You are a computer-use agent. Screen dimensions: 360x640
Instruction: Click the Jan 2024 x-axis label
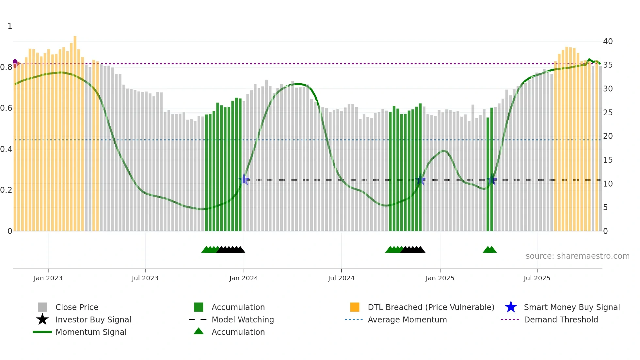click(x=244, y=278)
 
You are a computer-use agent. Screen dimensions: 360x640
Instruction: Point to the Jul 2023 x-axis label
click(x=145, y=278)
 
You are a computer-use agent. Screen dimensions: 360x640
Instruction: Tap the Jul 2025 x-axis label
click(x=537, y=278)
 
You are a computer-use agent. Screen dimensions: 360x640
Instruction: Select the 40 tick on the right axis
click(x=608, y=41)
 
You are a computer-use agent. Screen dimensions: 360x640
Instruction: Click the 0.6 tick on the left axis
click(x=6, y=108)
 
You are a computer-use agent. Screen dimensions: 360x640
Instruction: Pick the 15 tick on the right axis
click(x=608, y=160)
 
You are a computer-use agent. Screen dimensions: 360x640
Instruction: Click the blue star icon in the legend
click(x=511, y=307)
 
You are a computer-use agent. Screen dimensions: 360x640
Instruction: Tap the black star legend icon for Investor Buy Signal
click(x=42, y=319)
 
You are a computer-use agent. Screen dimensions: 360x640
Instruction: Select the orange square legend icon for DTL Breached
click(x=355, y=307)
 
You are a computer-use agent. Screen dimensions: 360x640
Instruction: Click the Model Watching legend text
click(x=243, y=319)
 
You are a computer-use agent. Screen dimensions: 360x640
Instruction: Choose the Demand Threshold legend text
click(x=561, y=319)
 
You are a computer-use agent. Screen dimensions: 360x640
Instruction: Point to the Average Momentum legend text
click(x=407, y=319)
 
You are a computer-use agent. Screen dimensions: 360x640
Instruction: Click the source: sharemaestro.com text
click(x=577, y=256)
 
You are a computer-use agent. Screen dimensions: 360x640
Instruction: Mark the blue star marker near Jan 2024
click(x=244, y=179)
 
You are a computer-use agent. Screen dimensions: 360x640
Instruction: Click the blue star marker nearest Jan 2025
click(x=420, y=180)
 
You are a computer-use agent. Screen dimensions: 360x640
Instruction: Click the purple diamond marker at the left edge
click(x=15, y=61)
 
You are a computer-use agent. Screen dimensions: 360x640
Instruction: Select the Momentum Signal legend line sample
click(x=42, y=332)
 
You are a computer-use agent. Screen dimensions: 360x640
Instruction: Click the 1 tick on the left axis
click(x=10, y=26)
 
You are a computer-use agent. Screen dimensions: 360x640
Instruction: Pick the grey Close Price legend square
click(x=42, y=307)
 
